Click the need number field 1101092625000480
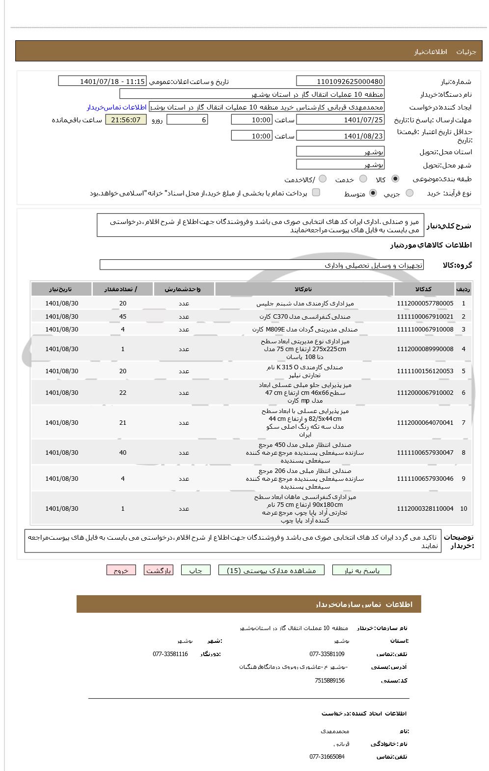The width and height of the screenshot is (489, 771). click(340, 82)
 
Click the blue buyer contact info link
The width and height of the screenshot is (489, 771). click(117, 107)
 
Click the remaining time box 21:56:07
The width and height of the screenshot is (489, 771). click(126, 120)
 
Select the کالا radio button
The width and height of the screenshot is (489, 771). click(396, 179)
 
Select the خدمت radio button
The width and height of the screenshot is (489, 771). click(363, 179)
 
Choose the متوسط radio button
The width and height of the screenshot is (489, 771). click(373, 193)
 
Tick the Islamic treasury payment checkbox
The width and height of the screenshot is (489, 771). click(316, 193)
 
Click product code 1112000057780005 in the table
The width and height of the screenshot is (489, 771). click(425, 303)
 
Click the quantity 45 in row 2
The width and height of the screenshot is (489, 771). click(123, 317)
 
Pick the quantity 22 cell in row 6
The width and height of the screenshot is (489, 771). click(123, 393)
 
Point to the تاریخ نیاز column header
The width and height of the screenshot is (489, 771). click(61, 289)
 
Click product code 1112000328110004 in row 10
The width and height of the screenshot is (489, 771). click(425, 509)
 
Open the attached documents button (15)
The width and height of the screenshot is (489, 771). click(271, 570)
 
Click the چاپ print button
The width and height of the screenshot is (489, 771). click(195, 570)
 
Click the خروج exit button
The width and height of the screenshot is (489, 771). click(121, 570)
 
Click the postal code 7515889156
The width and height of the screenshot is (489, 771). click(329, 681)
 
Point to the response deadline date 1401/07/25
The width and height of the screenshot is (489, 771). click(340, 120)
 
